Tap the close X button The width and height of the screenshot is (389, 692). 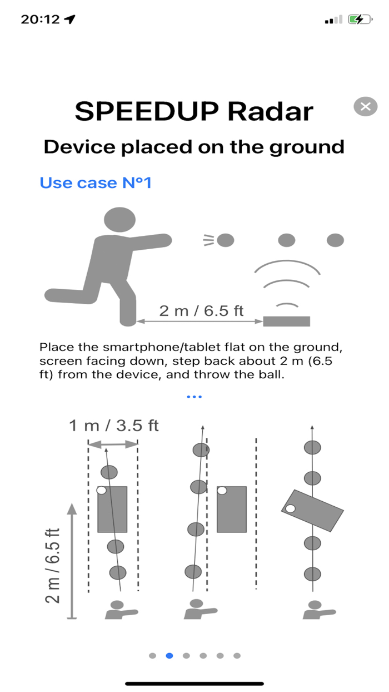tap(365, 107)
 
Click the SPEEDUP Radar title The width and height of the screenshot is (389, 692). tap(194, 111)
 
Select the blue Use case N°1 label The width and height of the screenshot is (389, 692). tap(96, 182)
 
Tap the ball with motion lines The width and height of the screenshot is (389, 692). tap(225, 240)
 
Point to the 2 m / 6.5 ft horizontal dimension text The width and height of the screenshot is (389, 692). tap(201, 310)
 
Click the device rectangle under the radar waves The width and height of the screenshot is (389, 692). tap(286, 321)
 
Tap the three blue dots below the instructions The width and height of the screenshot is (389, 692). tap(194, 397)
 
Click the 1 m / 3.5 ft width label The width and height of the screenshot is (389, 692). tap(114, 426)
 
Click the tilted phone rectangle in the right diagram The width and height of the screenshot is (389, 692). tap(312, 510)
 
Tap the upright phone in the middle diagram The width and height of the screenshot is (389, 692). tap(231, 509)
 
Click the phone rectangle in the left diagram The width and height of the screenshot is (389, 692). tap(112, 509)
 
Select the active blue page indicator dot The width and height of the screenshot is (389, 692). tap(169, 656)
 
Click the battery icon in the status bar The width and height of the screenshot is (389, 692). tap(359, 19)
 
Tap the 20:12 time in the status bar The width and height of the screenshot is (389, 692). tap(40, 19)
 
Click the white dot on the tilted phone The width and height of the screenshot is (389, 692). tap(290, 508)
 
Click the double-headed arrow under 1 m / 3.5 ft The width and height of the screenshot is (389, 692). tap(113, 444)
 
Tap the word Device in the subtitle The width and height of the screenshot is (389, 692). tap(80, 147)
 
